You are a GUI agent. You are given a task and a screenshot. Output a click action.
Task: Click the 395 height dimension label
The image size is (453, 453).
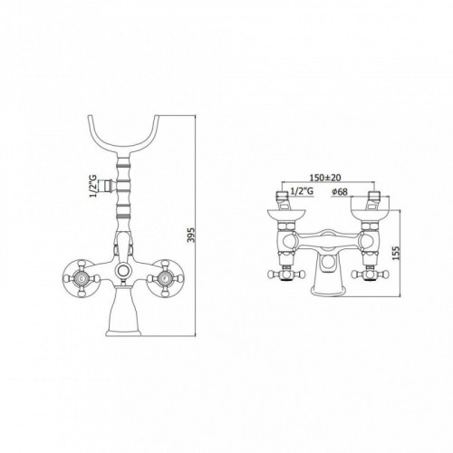coord(191,235)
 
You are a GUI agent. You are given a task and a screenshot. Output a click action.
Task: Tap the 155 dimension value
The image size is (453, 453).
coord(397,253)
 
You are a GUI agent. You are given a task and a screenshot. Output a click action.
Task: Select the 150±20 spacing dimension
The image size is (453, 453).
coord(325,178)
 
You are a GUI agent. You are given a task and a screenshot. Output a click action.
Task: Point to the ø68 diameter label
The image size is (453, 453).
coord(339,191)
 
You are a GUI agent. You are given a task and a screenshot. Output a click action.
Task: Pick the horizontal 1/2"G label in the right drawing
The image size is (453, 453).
coord(302,191)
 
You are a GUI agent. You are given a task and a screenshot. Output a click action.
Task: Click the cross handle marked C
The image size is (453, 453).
coord(82,277)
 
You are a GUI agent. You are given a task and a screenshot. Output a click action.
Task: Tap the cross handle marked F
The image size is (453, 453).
coord(165,277)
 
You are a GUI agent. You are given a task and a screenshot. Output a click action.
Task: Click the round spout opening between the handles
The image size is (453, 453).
coord(123,270)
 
